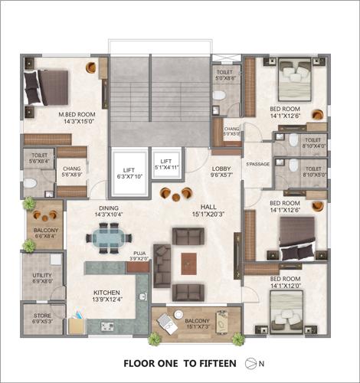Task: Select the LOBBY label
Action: [221, 171]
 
